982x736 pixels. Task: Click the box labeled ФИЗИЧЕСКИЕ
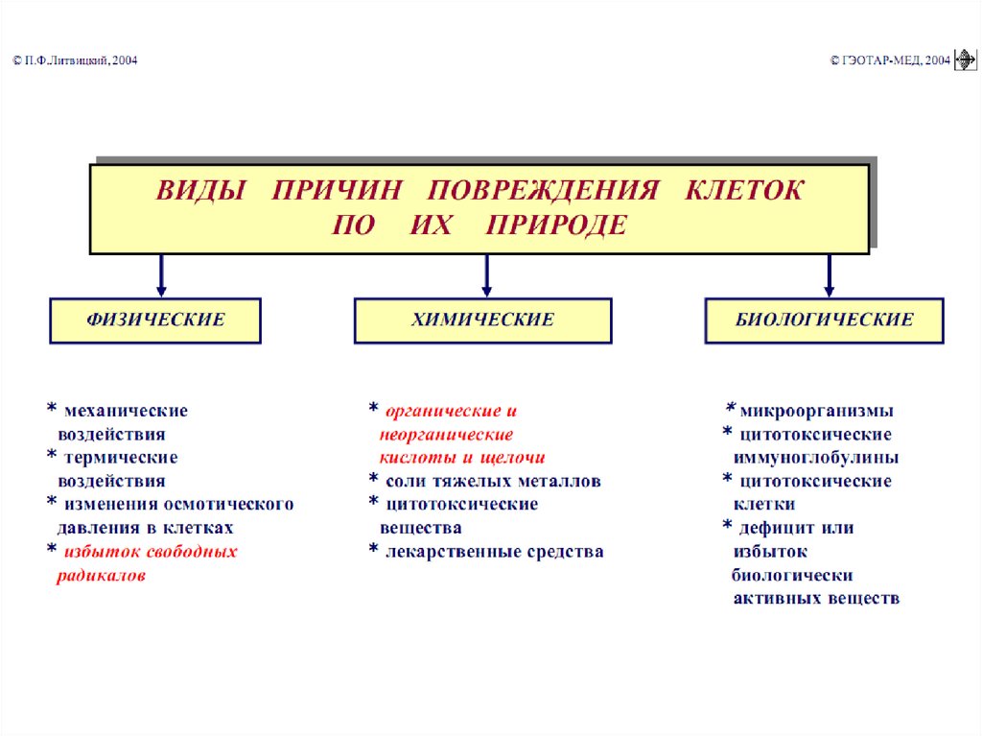(x=155, y=321)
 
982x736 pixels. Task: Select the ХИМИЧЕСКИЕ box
(x=482, y=321)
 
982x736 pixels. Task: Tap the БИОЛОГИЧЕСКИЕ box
(x=825, y=321)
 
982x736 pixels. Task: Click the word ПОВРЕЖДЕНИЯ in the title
(x=543, y=189)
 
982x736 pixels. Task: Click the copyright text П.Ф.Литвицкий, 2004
(x=76, y=60)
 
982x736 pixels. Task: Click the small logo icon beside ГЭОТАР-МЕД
(x=965, y=60)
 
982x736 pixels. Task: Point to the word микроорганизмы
(x=817, y=412)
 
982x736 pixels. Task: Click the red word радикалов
(x=102, y=577)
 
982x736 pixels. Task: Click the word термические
(x=121, y=458)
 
